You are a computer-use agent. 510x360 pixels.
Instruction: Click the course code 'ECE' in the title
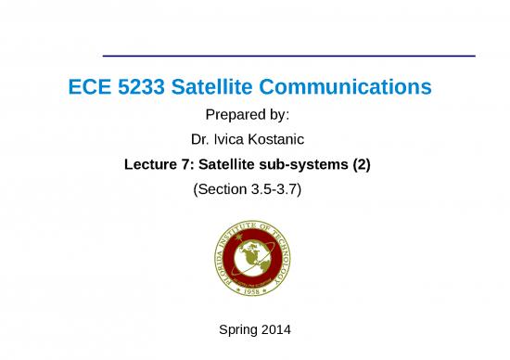[x=89, y=89]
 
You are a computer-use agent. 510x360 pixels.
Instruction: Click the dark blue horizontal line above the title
[x=288, y=56]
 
